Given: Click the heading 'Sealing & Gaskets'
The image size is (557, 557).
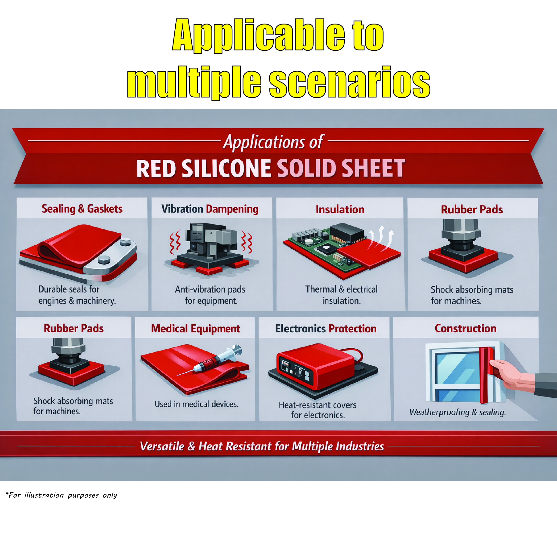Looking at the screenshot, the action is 82,209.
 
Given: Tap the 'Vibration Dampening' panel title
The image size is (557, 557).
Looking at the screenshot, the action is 210,209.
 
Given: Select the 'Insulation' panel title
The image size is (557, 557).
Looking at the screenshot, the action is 340,209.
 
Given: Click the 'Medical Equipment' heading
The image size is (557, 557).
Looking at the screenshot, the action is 195,329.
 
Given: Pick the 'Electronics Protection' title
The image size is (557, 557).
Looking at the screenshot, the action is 326,329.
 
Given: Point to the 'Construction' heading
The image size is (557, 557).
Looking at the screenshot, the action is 466,328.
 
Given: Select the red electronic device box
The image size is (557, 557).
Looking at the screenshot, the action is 316,365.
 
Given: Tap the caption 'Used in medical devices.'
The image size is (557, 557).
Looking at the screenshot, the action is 196,404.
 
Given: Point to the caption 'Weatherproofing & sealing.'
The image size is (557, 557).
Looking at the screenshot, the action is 458,412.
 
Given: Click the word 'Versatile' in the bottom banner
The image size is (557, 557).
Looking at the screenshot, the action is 162,446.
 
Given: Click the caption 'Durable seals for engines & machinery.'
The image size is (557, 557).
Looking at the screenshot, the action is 77,295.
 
